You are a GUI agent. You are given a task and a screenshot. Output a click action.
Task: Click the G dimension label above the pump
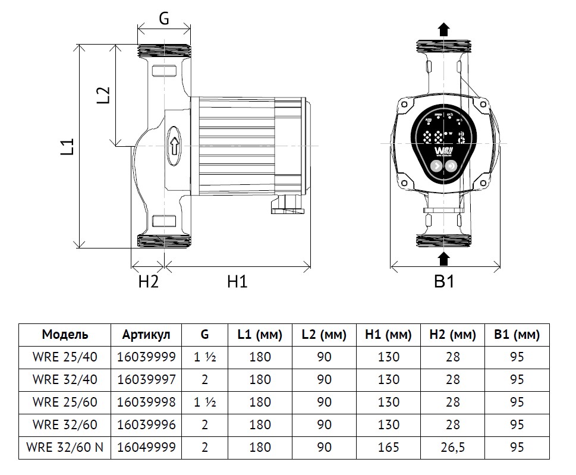pyautogui.click(x=163, y=18)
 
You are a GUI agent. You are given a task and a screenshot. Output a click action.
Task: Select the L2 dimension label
pyautogui.click(x=103, y=96)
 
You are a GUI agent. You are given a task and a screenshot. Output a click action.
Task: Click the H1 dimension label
pyautogui.click(x=237, y=282)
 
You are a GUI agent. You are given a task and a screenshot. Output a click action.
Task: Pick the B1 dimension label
pyautogui.click(x=443, y=282)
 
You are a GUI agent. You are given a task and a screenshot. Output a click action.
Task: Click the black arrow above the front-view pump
pyautogui.click(x=443, y=29)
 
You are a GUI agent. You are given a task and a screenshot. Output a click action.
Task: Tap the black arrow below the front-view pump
pyautogui.click(x=443, y=257)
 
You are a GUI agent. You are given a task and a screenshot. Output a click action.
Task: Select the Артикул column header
pyautogui.click(x=146, y=335)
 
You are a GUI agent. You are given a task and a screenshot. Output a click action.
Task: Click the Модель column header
pyautogui.click(x=65, y=335)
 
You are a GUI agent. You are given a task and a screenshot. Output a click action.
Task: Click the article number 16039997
pyautogui.click(x=146, y=380)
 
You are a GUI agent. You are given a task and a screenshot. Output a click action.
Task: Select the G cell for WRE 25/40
pyautogui.click(x=204, y=357)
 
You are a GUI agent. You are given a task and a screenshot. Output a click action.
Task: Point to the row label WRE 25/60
pyautogui.click(x=65, y=402)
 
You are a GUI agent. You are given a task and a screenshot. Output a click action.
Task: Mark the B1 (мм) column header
pyautogui.click(x=517, y=335)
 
